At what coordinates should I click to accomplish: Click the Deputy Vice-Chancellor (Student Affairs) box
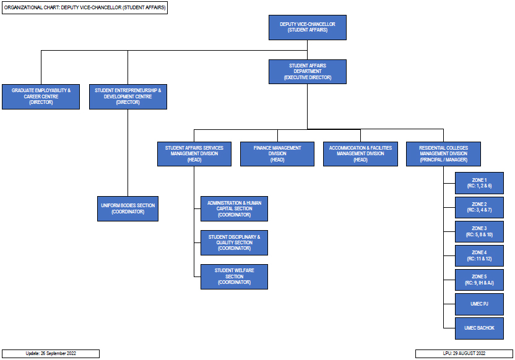[x=308, y=28]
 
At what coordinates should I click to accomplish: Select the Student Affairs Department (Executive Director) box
[x=308, y=72]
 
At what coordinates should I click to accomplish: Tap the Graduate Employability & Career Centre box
[x=41, y=96]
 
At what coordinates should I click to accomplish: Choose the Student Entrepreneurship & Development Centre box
[x=128, y=96]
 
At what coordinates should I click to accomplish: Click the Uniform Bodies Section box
[x=128, y=208]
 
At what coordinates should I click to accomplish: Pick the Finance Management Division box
[x=277, y=154]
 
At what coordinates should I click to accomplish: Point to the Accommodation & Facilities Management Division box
[x=360, y=154]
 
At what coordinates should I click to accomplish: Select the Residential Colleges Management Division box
[x=443, y=154]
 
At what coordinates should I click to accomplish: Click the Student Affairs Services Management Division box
[x=194, y=154]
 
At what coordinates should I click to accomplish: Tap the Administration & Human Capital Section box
[x=234, y=208]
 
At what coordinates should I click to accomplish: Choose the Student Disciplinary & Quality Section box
[x=234, y=242]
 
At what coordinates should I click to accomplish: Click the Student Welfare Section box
[x=234, y=276]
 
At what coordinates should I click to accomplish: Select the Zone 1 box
[x=479, y=183]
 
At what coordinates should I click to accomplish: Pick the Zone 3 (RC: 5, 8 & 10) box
[x=479, y=231]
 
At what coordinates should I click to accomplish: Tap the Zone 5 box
[x=479, y=280]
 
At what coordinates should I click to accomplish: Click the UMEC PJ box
[x=479, y=304]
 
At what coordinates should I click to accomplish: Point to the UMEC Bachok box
[x=479, y=328]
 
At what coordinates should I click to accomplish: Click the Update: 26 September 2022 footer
[x=51, y=353]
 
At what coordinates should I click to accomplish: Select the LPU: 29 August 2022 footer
[x=464, y=353]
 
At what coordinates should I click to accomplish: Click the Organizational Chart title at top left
[x=85, y=7]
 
